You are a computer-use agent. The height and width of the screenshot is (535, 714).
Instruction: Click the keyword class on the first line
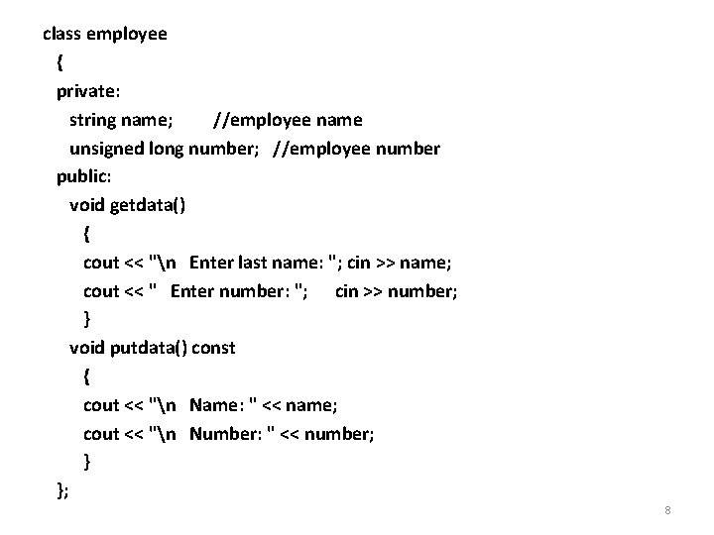pyautogui.click(x=62, y=34)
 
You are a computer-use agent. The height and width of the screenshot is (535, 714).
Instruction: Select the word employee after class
pyautogui.click(x=127, y=34)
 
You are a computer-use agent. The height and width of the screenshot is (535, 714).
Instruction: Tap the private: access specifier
pyautogui.click(x=88, y=91)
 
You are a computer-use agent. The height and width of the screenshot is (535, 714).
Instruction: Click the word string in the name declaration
pyautogui.click(x=91, y=120)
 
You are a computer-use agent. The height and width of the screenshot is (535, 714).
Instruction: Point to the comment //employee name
pyautogui.click(x=288, y=120)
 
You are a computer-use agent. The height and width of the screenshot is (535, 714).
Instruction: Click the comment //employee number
pyautogui.click(x=356, y=149)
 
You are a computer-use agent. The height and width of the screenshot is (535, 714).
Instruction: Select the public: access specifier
pyautogui.click(x=84, y=176)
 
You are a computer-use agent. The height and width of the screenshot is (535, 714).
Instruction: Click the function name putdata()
pyautogui.click(x=149, y=348)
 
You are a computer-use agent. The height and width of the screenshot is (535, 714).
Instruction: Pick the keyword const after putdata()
pyautogui.click(x=213, y=348)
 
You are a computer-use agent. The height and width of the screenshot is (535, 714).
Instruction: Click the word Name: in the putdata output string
pyautogui.click(x=219, y=405)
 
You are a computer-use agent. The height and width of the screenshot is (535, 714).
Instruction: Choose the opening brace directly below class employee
pyautogui.click(x=60, y=62)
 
